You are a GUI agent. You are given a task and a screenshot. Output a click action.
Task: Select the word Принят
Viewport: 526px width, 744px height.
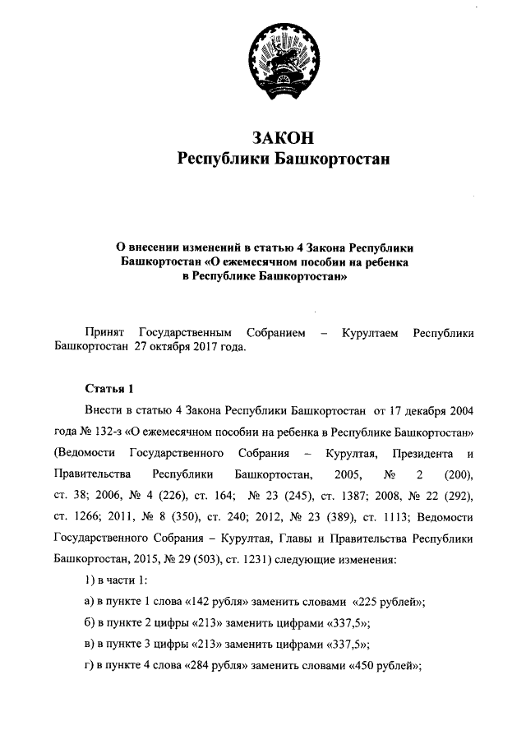(x=105, y=331)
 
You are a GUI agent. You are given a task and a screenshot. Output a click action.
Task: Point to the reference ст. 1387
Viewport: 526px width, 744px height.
(x=330, y=496)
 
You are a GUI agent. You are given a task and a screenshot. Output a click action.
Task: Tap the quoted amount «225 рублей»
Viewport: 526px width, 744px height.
(x=385, y=603)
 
